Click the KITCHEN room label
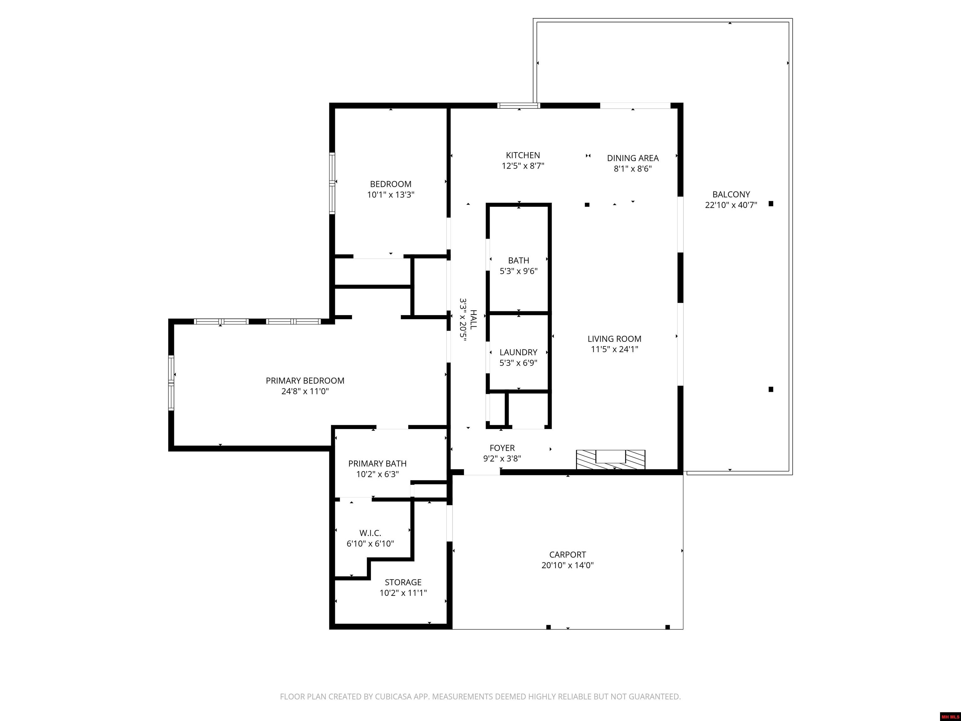point(523,155)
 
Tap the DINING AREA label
point(633,158)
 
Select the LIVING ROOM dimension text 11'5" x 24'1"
point(614,349)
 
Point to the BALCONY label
point(731,194)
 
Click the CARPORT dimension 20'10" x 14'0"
point(567,565)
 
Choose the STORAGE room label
point(403,582)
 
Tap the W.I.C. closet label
point(370,533)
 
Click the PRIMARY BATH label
point(378,463)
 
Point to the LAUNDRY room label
point(518,352)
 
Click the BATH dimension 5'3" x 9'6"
point(518,271)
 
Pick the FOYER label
point(502,447)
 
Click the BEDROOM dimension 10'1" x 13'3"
point(391,194)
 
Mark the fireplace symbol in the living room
point(610,459)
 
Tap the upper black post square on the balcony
point(771,203)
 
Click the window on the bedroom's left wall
point(332,183)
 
